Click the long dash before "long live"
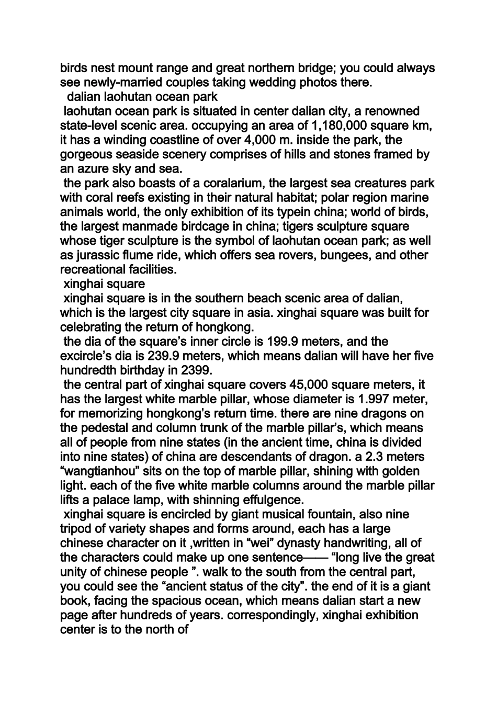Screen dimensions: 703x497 315,558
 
